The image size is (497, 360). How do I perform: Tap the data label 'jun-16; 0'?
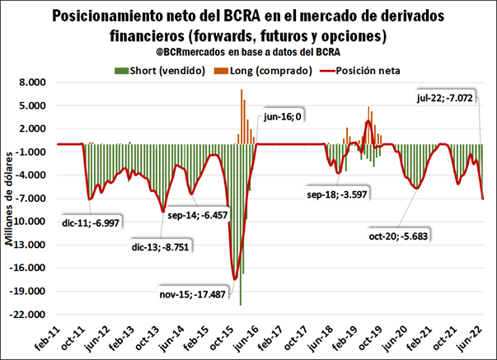click(x=283, y=116)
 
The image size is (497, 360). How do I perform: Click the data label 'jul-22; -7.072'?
click(x=446, y=99)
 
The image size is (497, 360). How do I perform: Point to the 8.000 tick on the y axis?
click(x=35, y=82)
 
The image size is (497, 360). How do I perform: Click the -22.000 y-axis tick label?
click(x=30, y=314)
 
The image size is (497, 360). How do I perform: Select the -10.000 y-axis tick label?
click(x=30, y=222)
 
